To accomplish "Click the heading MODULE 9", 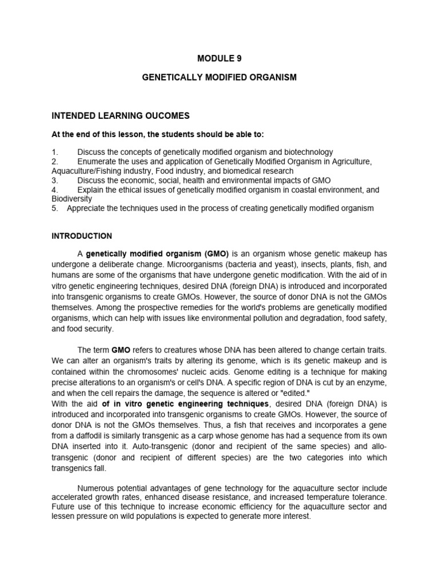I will (219, 58).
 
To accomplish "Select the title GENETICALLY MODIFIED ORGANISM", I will (219, 77).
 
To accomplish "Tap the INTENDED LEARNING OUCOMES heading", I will (120, 116).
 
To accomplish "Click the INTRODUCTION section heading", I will (82, 236).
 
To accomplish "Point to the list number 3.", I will (54, 181).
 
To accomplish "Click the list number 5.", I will (54, 209).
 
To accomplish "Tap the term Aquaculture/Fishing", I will (89, 171).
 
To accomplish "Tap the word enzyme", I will (372, 382).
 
